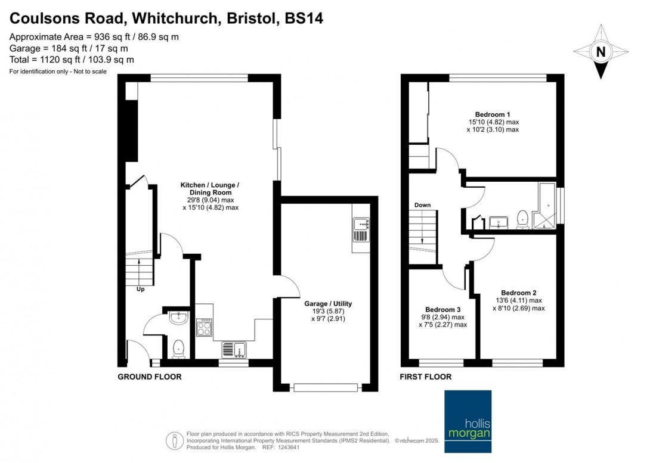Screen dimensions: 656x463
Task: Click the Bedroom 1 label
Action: point(493,114)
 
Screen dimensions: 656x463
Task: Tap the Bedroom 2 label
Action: point(518,293)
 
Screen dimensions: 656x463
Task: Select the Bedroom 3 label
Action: point(443,310)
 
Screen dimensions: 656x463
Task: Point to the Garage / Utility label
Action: point(328,304)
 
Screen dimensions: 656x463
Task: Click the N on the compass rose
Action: point(601,52)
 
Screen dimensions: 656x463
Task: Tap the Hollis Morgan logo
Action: point(468,422)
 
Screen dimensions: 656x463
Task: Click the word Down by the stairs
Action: point(423,205)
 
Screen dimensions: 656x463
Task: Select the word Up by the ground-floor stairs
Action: point(141,289)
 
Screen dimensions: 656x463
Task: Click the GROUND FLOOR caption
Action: point(149,377)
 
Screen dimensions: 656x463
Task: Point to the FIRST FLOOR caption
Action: point(425,377)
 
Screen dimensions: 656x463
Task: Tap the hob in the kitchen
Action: point(204,327)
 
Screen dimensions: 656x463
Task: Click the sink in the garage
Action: point(361,229)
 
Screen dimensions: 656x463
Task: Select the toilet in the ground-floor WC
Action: point(179,349)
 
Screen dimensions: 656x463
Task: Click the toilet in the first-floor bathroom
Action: point(522,219)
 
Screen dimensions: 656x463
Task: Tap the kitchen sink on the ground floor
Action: point(234,350)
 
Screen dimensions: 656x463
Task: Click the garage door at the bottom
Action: point(326,388)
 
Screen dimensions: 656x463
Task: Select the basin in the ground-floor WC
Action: point(179,318)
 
